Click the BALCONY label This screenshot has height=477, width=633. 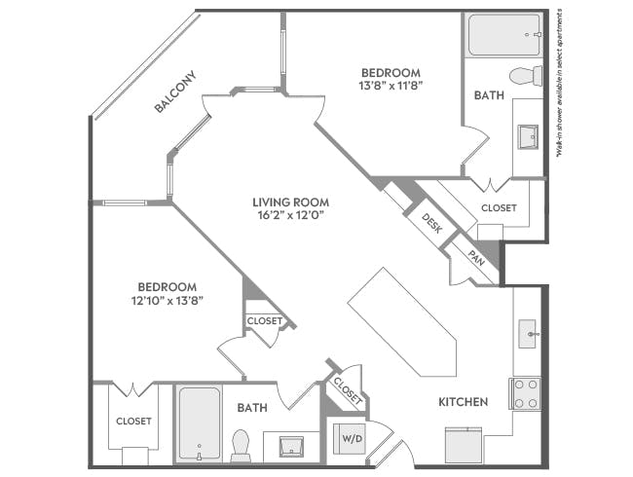coord(175,92)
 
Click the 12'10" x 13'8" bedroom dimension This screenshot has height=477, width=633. coord(168,302)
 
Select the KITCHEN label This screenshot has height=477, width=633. coord(462,401)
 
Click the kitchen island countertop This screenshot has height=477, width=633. coord(401,325)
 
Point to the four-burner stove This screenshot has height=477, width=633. coord(526,392)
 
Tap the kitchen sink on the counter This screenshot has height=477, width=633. coord(528,333)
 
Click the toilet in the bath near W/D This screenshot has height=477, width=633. coord(241,447)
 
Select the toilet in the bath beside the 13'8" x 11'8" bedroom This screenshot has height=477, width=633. coord(524,76)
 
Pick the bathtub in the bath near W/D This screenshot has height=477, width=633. coord(199,424)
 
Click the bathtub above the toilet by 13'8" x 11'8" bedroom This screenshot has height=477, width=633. coord(502,36)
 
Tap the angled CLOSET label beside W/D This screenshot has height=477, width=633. coord(348,391)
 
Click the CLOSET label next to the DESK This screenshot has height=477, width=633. coord(499,208)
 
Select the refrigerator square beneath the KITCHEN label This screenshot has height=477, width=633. coord(463,445)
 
